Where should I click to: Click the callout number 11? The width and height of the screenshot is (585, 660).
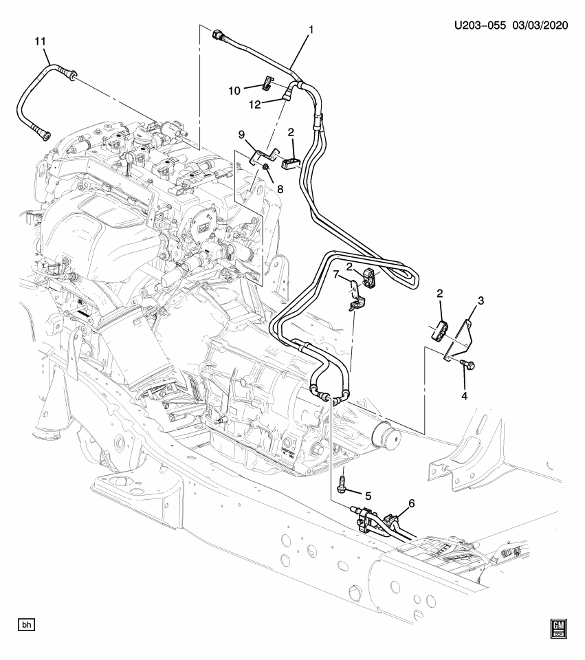tap(41, 42)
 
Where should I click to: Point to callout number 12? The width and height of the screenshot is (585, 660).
tap(254, 104)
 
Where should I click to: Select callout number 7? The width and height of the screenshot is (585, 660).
tap(337, 276)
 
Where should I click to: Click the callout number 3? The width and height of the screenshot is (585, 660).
tap(481, 300)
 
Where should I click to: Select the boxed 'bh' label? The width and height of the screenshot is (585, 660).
tap(27, 625)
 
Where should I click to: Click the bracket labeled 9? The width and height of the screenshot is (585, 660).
tap(263, 156)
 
